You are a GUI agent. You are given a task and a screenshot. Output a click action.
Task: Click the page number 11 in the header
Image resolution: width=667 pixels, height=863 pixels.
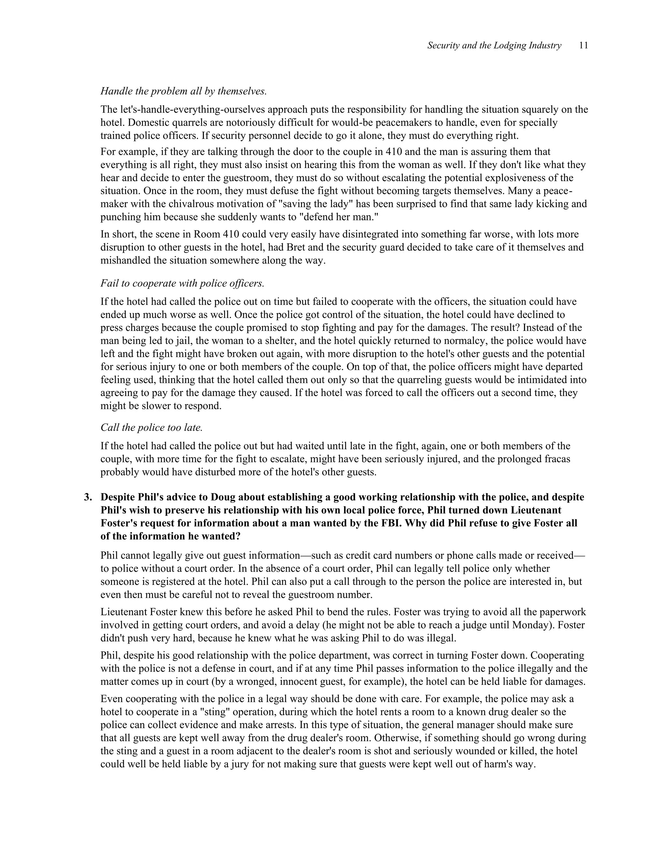[x=584, y=46]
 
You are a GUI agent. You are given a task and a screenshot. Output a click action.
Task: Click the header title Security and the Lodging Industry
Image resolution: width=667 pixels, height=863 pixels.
[x=494, y=46]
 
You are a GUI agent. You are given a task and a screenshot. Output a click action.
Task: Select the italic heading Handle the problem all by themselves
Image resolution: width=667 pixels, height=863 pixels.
[x=183, y=91]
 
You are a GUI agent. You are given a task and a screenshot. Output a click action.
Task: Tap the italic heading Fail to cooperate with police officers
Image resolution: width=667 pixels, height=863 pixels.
[x=182, y=283]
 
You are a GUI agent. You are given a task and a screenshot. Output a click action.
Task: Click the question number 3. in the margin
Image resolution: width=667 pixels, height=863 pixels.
[x=88, y=497]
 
